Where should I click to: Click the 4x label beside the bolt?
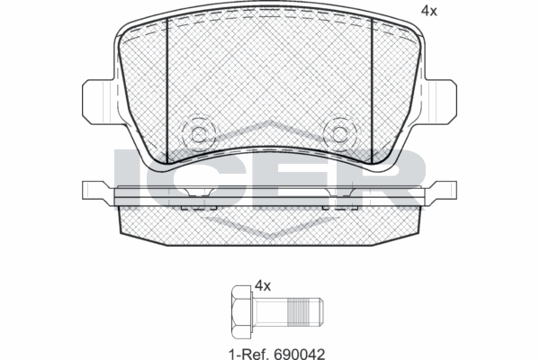tap(263, 285)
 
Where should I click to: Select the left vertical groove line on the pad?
tap(168, 90)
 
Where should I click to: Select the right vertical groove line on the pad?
tap(373, 90)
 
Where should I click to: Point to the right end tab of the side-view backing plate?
tap(444, 190)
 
